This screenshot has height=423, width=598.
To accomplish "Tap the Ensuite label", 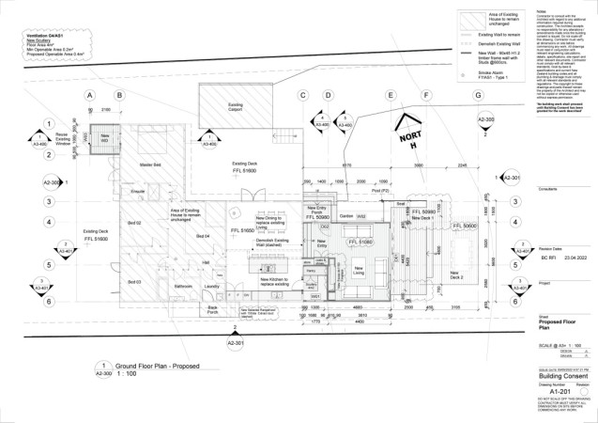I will (138, 192).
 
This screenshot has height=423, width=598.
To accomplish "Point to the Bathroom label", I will (184, 286).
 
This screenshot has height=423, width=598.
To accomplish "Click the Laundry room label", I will (211, 286).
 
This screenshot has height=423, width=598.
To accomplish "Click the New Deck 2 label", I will (456, 275).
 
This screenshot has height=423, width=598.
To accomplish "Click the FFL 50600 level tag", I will (465, 227).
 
